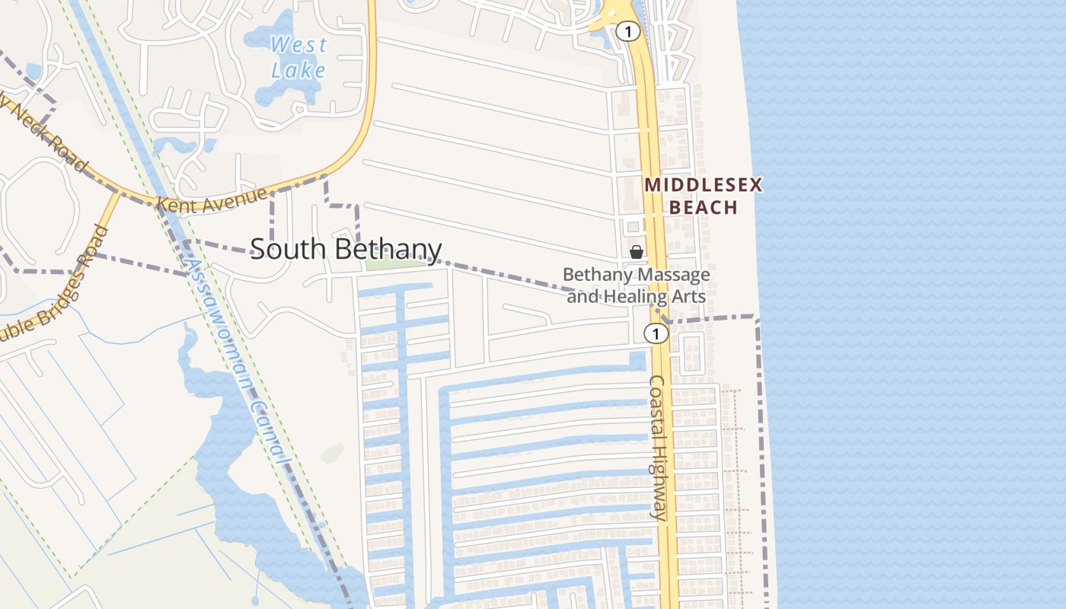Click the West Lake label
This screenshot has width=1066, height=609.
298,57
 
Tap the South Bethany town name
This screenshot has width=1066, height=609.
346,249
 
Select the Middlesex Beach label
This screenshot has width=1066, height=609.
703,196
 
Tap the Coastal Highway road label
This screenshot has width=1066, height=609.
659,448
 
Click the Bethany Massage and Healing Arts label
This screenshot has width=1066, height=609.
637,285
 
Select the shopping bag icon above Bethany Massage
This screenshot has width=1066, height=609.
637,252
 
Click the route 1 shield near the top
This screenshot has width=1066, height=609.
627,32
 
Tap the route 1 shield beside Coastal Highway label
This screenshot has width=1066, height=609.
655,333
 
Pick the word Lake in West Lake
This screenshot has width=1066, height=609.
298,71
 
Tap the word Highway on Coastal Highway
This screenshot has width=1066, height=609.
658,480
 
